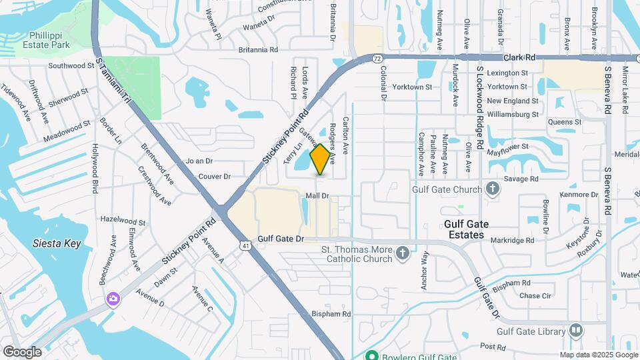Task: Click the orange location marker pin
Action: pos(321,159)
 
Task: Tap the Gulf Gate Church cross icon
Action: pos(493,189)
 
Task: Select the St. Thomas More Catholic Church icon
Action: pos(402,253)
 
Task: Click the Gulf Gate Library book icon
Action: pos(576,330)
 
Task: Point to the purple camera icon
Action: pos(113,298)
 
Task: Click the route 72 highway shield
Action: pos(377,59)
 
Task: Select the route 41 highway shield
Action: pos(246,246)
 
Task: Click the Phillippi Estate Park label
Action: pos(49,40)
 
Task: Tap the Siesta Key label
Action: pos(57,243)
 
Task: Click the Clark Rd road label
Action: pos(520,58)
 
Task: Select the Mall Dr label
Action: pos(317,196)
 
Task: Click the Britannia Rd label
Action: pos(258,50)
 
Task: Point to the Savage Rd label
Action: pos(523,179)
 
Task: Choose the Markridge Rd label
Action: pos(513,240)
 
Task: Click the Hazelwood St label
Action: pos(123,220)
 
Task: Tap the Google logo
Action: pos(22,351)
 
